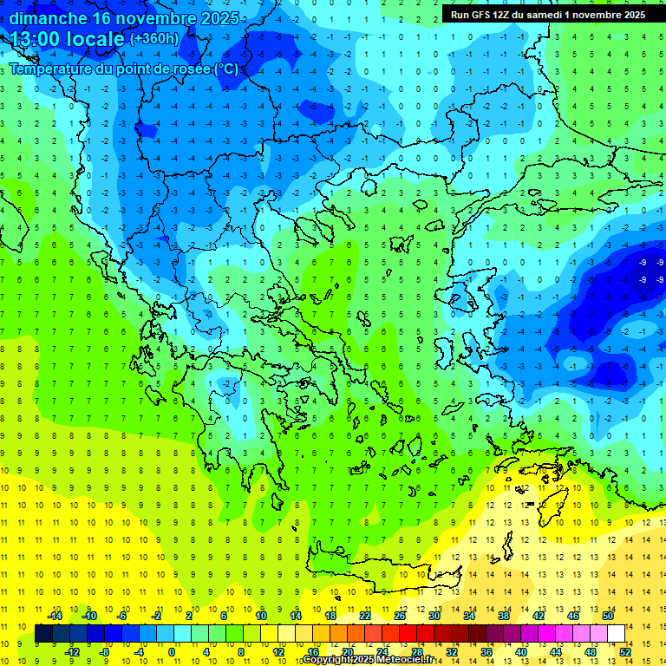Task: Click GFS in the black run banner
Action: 480,15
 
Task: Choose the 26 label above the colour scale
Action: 400,616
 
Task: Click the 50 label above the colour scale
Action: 607,616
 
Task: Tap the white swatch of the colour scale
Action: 616,634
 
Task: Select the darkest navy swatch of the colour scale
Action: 43,634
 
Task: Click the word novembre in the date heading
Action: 153,17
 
